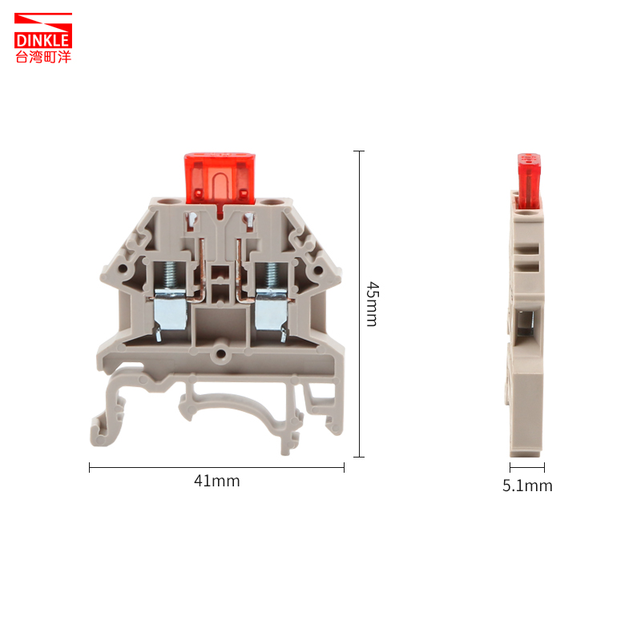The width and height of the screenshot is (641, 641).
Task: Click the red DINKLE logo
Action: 43,30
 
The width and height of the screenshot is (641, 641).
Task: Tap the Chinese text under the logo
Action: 43,57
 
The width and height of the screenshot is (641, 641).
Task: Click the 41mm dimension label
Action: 216,482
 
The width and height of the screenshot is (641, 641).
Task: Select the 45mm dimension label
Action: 373,304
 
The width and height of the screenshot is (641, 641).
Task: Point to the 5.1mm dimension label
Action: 527,486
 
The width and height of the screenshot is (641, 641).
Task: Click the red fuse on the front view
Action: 220,179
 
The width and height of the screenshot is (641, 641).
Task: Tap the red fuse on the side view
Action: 529,181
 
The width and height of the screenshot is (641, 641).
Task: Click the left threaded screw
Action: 171,275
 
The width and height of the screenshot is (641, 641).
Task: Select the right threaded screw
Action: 272,275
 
